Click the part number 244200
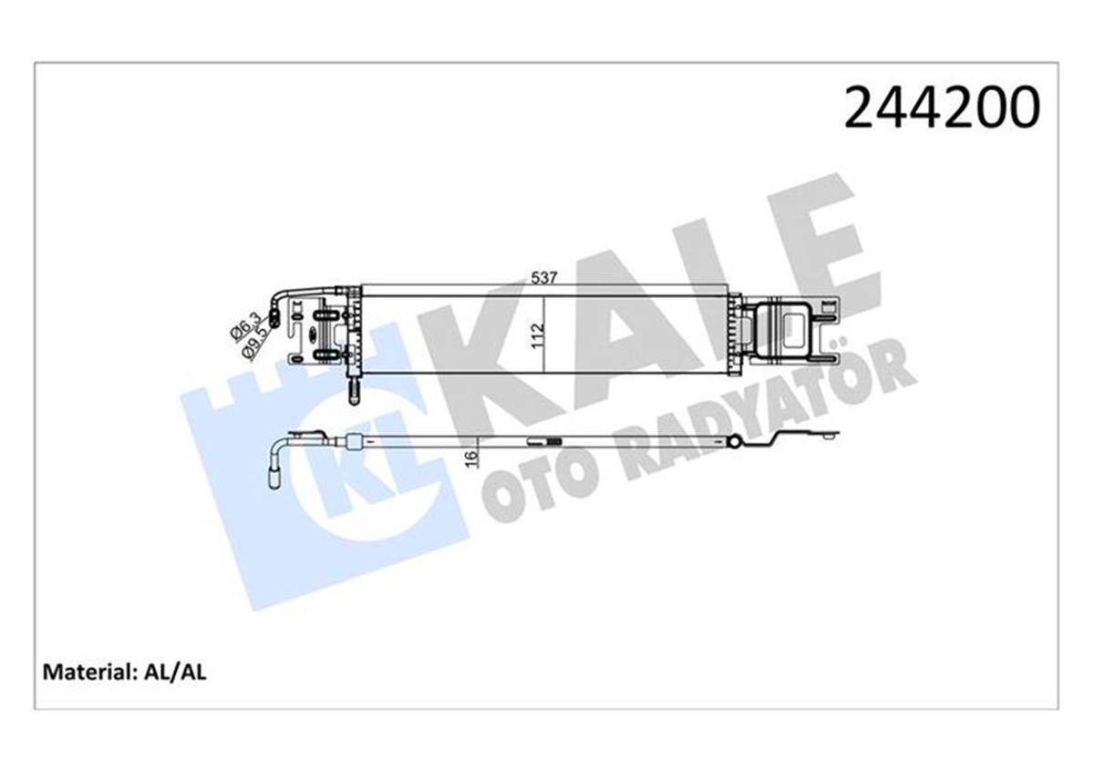point(941,108)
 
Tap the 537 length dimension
point(543,279)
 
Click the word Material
point(88,673)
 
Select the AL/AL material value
point(175,673)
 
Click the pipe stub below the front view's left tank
point(354,390)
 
